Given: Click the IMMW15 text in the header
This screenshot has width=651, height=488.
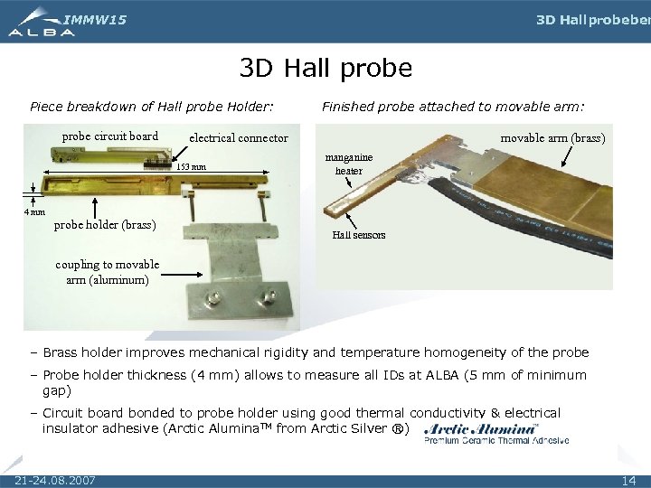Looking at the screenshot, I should (95, 19).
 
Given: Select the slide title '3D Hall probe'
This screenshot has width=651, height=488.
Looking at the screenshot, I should (325, 68).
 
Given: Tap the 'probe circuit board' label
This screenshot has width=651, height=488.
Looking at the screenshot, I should (109, 136).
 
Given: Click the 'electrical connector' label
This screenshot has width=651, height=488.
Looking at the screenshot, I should (238, 138).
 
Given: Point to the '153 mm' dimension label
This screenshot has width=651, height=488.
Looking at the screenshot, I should (191, 167).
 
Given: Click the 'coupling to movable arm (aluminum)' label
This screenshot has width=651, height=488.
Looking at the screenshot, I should (107, 272).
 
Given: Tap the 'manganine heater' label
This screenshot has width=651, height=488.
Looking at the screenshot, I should (349, 164).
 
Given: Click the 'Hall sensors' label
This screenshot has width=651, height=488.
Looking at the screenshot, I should (358, 235).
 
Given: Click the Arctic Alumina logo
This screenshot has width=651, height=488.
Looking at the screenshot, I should (495, 433).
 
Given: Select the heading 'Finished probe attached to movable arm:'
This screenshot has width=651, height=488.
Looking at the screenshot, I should (453, 107).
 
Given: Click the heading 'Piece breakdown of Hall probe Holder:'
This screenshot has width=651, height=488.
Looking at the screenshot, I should (151, 107).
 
